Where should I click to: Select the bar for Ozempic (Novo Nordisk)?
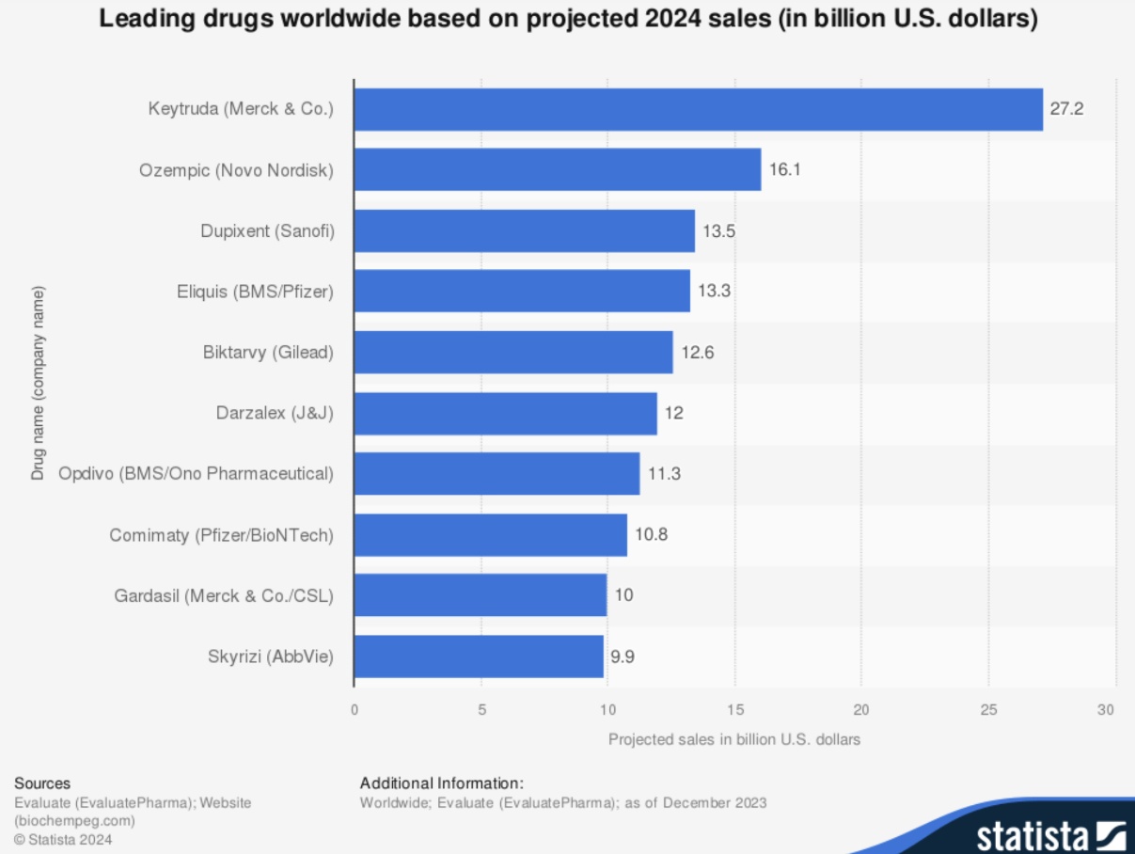(x=557, y=169)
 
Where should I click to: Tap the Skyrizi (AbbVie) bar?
(x=479, y=656)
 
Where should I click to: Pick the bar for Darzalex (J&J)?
(x=505, y=413)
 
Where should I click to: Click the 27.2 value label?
(x=1067, y=109)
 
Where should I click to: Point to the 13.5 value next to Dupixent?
(x=718, y=230)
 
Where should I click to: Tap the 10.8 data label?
(x=651, y=535)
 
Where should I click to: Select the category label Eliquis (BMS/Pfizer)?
(x=255, y=292)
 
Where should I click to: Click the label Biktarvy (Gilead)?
(x=268, y=353)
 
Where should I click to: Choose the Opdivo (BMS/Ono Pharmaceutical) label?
(x=196, y=474)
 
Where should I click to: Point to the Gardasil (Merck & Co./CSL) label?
(x=224, y=595)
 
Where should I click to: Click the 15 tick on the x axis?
(x=734, y=709)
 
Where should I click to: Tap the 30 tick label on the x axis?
(x=1107, y=709)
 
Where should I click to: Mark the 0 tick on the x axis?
(x=355, y=709)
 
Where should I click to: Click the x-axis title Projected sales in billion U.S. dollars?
(x=734, y=739)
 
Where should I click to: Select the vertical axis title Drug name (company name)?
(x=39, y=384)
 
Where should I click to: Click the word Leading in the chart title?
(x=143, y=20)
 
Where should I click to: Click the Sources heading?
(x=42, y=783)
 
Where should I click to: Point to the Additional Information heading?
(x=441, y=783)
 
